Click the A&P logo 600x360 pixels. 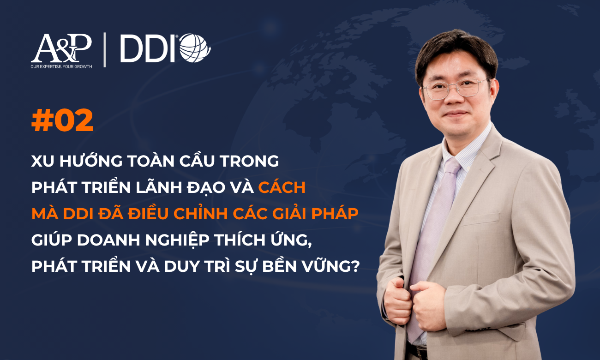(x=61, y=48)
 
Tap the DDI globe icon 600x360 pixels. (x=195, y=48)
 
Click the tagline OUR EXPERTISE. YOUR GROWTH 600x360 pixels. (x=61, y=66)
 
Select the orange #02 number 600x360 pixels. (x=62, y=120)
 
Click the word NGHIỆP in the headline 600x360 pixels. (x=177, y=240)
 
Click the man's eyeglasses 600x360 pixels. (x=456, y=89)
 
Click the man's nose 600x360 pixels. (x=454, y=98)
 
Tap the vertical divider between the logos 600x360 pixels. (x=104, y=50)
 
